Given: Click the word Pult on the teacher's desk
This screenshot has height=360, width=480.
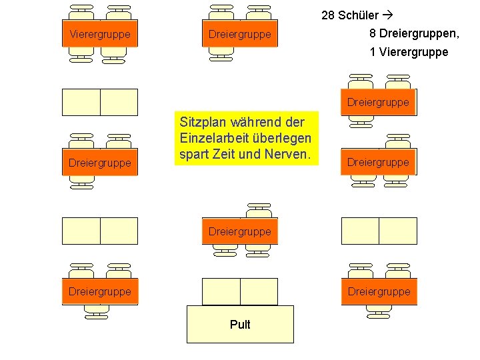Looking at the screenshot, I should click(x=240, y=325).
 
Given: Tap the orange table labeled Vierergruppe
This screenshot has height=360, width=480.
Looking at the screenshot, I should click(x=100, y=33).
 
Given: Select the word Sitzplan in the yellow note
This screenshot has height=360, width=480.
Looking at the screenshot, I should click(x=202, y=122).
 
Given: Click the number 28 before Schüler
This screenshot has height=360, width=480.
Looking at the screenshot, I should click(x=328, y=15).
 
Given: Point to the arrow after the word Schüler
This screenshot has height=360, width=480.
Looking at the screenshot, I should click(x=389, y=15).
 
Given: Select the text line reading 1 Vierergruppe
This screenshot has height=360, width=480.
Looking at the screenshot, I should click(x=409, y=52).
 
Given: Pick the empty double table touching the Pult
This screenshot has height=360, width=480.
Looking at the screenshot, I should click(x=240, y=291).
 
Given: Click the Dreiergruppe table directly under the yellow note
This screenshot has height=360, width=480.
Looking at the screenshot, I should click(x=240, y=231).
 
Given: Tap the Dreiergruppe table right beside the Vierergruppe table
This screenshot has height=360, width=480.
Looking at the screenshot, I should click(x=240, y=34).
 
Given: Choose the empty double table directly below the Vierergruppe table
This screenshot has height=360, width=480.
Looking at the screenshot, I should click(x=100, y=102).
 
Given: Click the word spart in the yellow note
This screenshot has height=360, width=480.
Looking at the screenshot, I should click(x=194, y=154).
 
